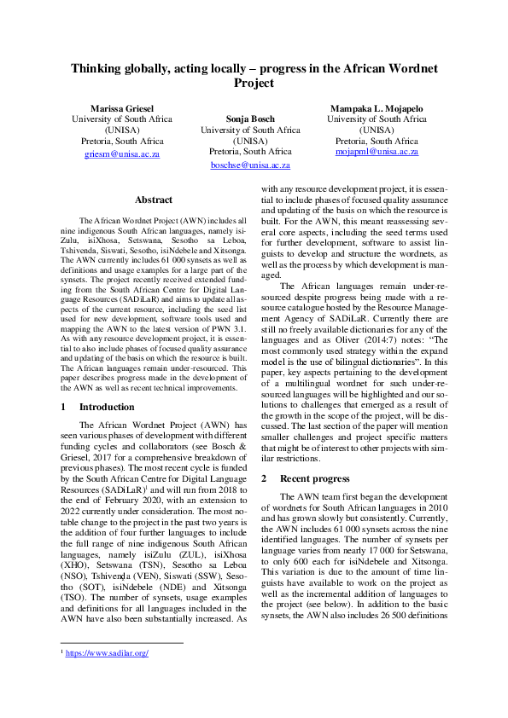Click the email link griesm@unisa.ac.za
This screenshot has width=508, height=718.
tap(122, 154)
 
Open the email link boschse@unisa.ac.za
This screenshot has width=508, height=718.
tap(250, 165)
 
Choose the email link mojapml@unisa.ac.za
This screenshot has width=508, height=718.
tap(377, 151)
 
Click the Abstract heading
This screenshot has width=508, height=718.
tap(154, 200)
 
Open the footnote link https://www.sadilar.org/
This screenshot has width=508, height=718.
tap(108, 676)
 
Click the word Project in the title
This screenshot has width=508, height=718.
tap(254, 84)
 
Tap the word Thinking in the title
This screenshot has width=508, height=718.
tap(99, 68)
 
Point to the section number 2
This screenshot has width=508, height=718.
tap(265, 479)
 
